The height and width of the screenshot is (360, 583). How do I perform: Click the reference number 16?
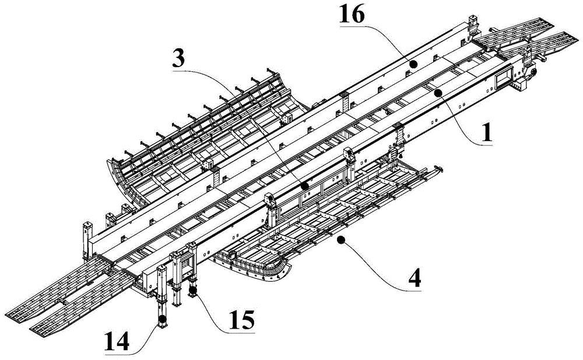pos(352,16)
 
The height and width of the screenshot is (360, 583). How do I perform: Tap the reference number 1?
pos(487,133)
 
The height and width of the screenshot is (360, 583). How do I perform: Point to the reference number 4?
pos(414,278)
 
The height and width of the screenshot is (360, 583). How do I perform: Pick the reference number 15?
pos(241,320)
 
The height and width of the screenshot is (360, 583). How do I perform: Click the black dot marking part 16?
pos(413,64)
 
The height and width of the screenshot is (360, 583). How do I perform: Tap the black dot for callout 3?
pos(304,185)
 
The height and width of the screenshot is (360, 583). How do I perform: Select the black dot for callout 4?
pos(340,241)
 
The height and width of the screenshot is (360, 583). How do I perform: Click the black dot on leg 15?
pos(192,290)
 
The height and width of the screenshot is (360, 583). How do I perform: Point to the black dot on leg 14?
pos(162,319)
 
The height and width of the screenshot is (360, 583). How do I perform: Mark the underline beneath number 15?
pos(242,331)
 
